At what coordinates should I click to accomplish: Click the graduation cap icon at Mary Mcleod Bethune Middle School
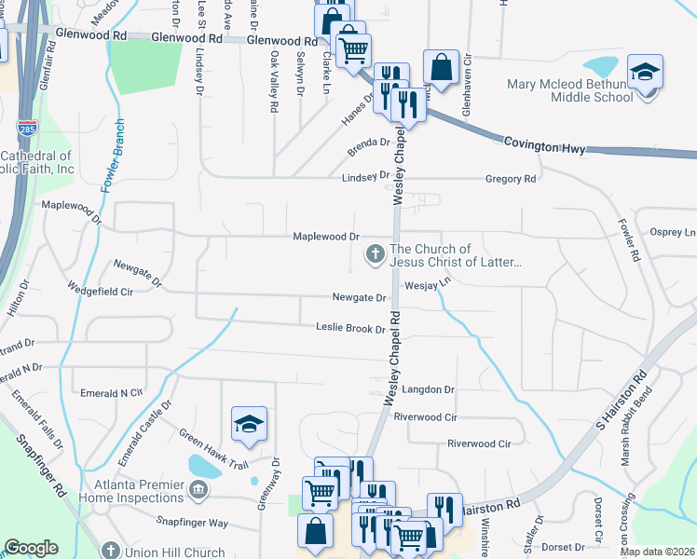645,72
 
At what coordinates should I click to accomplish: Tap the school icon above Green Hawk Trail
250,424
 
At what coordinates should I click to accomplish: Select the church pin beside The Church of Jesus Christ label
376,253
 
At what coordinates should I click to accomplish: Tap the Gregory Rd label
511,179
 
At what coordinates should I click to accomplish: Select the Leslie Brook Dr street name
350,329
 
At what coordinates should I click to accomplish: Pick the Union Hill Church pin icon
110,552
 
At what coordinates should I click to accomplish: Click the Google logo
31,548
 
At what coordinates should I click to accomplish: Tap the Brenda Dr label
367,144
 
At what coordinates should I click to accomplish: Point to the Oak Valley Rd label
274,82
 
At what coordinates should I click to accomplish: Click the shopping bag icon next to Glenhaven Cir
441,68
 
